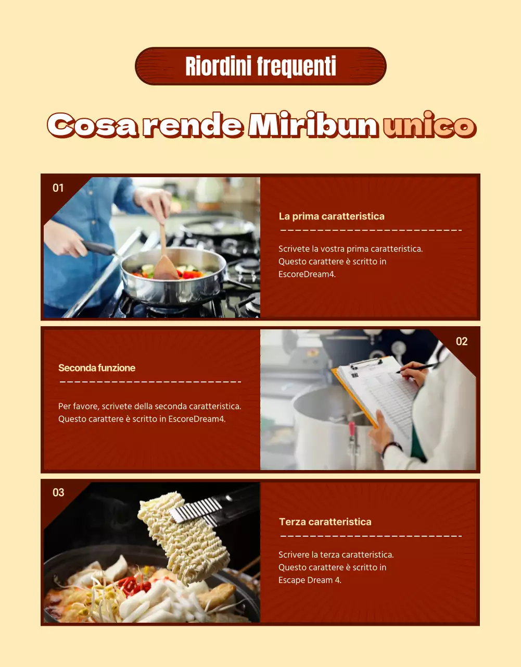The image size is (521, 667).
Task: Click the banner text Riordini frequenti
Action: click(261, 66)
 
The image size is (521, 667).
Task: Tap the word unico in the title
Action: click(429, 126)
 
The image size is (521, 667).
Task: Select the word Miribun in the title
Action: click(313, 126)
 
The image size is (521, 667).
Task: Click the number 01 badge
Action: click(58, 188)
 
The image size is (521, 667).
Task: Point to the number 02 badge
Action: click(462, 341)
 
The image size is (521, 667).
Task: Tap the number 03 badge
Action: click(58, 492)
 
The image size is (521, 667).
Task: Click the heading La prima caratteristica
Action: click(332, 216)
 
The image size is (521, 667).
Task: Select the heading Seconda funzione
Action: click(97, 368)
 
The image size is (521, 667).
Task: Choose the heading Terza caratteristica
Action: click(325, 522)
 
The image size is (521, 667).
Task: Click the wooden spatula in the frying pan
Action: click(163, 250)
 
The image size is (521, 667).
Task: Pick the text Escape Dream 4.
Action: click(310, 580)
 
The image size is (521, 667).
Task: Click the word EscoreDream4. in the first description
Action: click(307, 274)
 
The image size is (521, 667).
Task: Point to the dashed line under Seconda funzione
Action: click(150, 382)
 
